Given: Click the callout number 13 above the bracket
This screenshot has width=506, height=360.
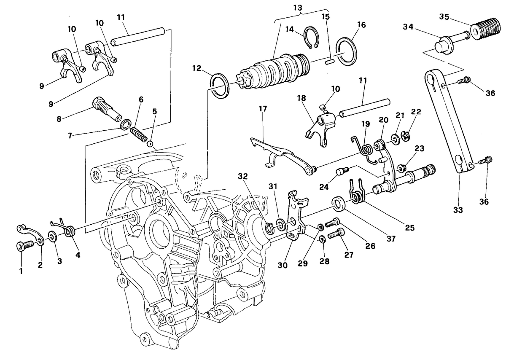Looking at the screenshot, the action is (298, 8).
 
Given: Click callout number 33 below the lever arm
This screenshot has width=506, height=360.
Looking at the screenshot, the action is (458, 210).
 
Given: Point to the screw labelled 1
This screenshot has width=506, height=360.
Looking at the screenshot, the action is (25, 246).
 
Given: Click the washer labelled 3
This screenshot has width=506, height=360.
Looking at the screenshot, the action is (53, 236).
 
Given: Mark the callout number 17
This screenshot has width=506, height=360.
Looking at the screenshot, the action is (263, 109).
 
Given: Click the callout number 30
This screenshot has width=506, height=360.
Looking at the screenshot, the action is (283, 265).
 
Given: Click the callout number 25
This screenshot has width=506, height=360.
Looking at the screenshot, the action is (410, 228).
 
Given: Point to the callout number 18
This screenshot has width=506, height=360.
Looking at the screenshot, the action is (301, 98).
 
